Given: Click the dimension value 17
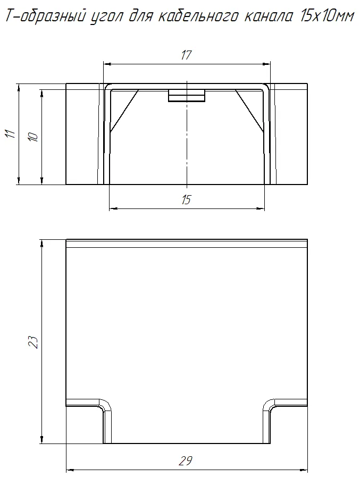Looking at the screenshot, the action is [186, 55].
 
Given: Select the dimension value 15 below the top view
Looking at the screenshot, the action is [186, 200].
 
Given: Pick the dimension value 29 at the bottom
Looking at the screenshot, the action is [186, 461].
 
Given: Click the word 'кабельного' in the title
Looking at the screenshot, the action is [198, 16].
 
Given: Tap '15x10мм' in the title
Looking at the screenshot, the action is [327, 16].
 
